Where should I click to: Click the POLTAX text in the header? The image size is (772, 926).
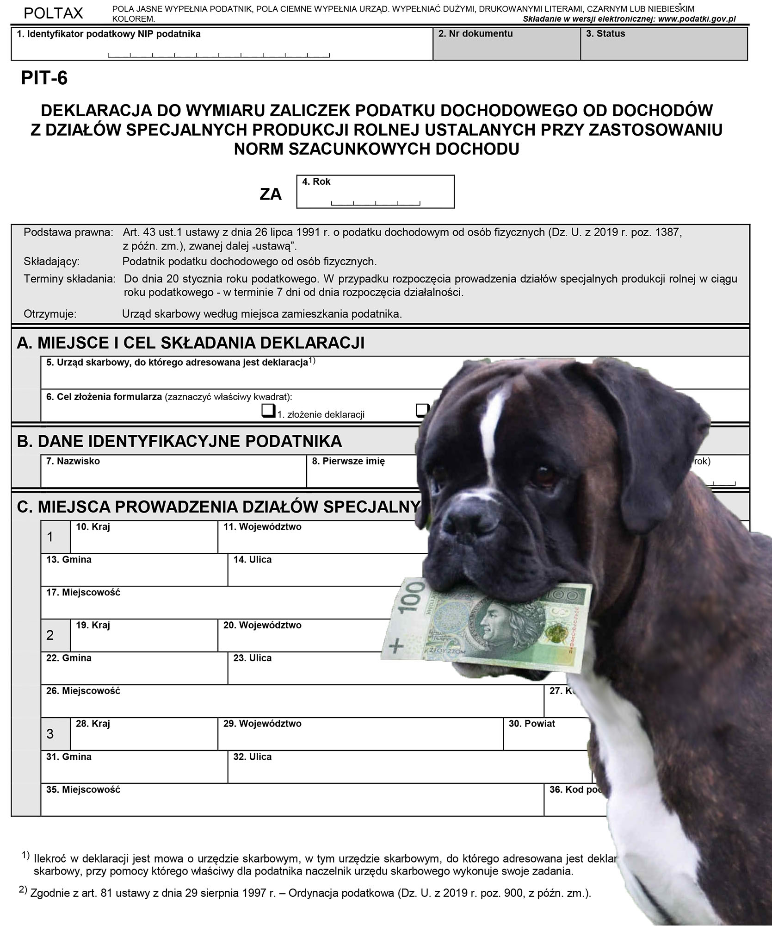point(53,13)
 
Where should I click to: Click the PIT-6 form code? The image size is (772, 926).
point(44,78)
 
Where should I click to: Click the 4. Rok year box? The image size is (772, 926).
point(375,192)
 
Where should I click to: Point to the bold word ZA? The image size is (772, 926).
point(271,194)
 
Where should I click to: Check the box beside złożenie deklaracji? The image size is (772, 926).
point(268,411)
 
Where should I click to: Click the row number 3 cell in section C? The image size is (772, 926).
point(50,734)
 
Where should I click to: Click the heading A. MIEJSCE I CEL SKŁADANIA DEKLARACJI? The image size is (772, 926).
point(191,343)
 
